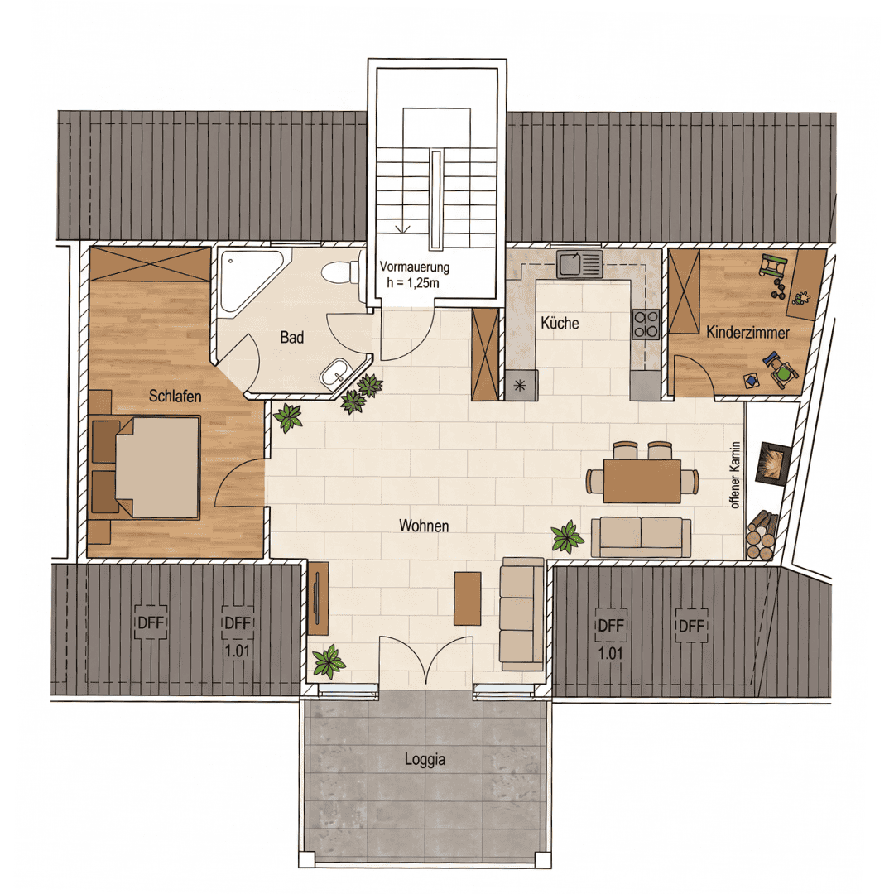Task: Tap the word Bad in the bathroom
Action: [291, 337]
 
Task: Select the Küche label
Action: [560, 323]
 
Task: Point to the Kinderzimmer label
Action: [747, 332]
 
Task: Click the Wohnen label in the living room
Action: [424, 525]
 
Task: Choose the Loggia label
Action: [425, 759]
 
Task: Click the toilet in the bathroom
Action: [341, 272]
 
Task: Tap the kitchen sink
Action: [579, 263]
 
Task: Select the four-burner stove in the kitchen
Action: [646, 324]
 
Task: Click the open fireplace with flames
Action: [773, 463]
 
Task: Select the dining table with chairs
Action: [642, 473]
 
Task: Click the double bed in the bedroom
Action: [146, 467]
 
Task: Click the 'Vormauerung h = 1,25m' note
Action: [414, 274]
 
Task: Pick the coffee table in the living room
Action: [467, 598]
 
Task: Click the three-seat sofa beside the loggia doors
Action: [521, 614]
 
